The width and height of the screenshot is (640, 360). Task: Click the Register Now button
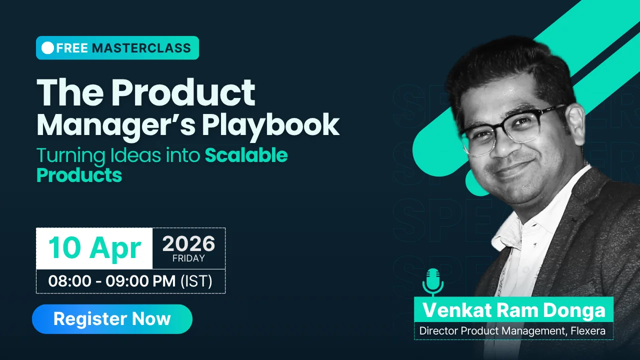(x=112, y=319)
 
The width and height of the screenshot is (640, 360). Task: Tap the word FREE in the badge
(x=72, y=48)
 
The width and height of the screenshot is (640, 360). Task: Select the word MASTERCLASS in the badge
(x=141, y=48)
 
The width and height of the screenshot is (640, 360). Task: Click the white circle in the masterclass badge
(x=47, y=47)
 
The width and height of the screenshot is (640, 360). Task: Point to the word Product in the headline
(x=183, y=92)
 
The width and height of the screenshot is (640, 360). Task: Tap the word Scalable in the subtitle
(x=246, y=155)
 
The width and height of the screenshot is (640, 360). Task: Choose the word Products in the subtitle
(x=79, y=175)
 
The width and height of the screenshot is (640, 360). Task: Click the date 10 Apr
(x=95, y=248)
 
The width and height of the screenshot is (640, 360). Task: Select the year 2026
(x=188, y=243)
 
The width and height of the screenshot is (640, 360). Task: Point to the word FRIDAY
(x=188, y=258)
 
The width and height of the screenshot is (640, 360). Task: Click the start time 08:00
(x=69, y=281)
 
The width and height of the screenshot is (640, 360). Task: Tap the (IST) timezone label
(x=196, y=281)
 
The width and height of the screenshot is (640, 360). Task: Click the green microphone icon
(x=433, y=282)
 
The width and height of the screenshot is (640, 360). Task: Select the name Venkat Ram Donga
(x=513, y=310)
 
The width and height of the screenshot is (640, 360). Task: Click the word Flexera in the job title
(x=588, y=331)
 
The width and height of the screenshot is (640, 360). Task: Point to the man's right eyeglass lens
(x=481, y=140)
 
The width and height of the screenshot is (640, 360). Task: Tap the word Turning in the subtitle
(x=71, y=156)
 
